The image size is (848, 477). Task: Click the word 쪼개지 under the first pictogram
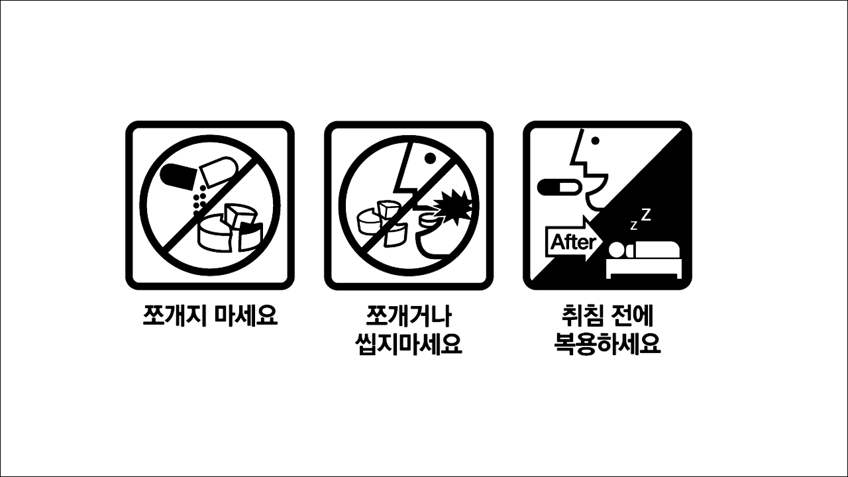point(176,315)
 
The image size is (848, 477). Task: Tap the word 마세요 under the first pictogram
point(246,315)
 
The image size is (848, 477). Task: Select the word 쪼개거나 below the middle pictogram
point(408,315)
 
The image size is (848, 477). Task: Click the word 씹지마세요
point(408,344)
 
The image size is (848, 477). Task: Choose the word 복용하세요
point(607,344)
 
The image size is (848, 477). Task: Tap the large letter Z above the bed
point(645,214)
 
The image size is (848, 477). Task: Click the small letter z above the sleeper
point(633,226)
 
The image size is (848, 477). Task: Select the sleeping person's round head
point(616,250)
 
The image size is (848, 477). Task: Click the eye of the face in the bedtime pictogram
point(595,140)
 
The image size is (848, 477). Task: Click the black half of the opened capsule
point(176,175)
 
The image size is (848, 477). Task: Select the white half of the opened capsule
point(217,171)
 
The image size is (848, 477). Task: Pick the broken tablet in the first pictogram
point(229,229)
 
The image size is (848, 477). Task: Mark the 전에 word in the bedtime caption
point(633,315)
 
